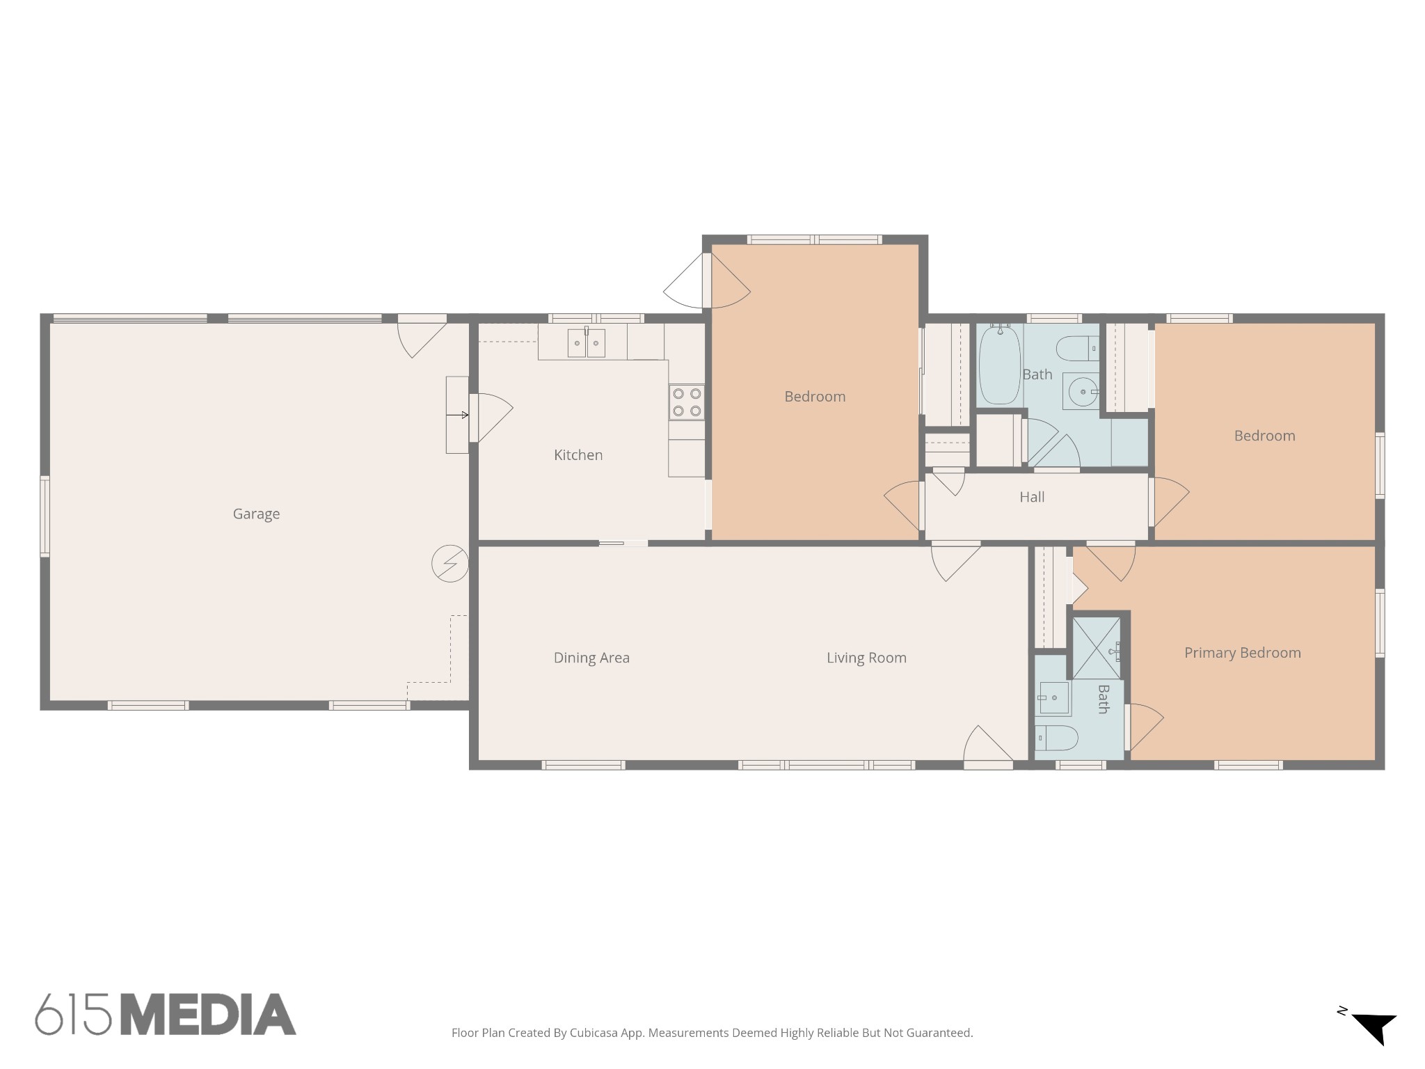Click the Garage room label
256,514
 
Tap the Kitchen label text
578,455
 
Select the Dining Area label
591,658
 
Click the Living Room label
866,658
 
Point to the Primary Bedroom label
1242,653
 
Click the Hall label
1032,497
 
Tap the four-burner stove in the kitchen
686,402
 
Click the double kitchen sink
586,343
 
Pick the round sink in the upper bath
1083,392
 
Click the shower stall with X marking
1096,648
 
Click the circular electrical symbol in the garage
449,563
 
